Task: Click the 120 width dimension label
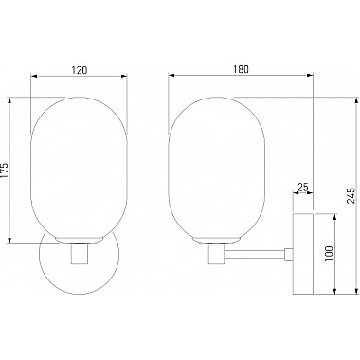[x=79, y=70]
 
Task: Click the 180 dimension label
[x=241, y=69]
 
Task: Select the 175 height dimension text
[x=4, y=171]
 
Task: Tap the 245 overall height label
[x=351, y=195]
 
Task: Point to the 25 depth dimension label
[x=303, y=188]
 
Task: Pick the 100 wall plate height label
[x=329, y=253]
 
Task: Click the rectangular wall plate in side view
[x=303, y=254]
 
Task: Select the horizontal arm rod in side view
[x=255, y=254]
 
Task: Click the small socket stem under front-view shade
[x=79, y=254]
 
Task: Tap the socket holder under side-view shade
[x=216, y=254]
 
